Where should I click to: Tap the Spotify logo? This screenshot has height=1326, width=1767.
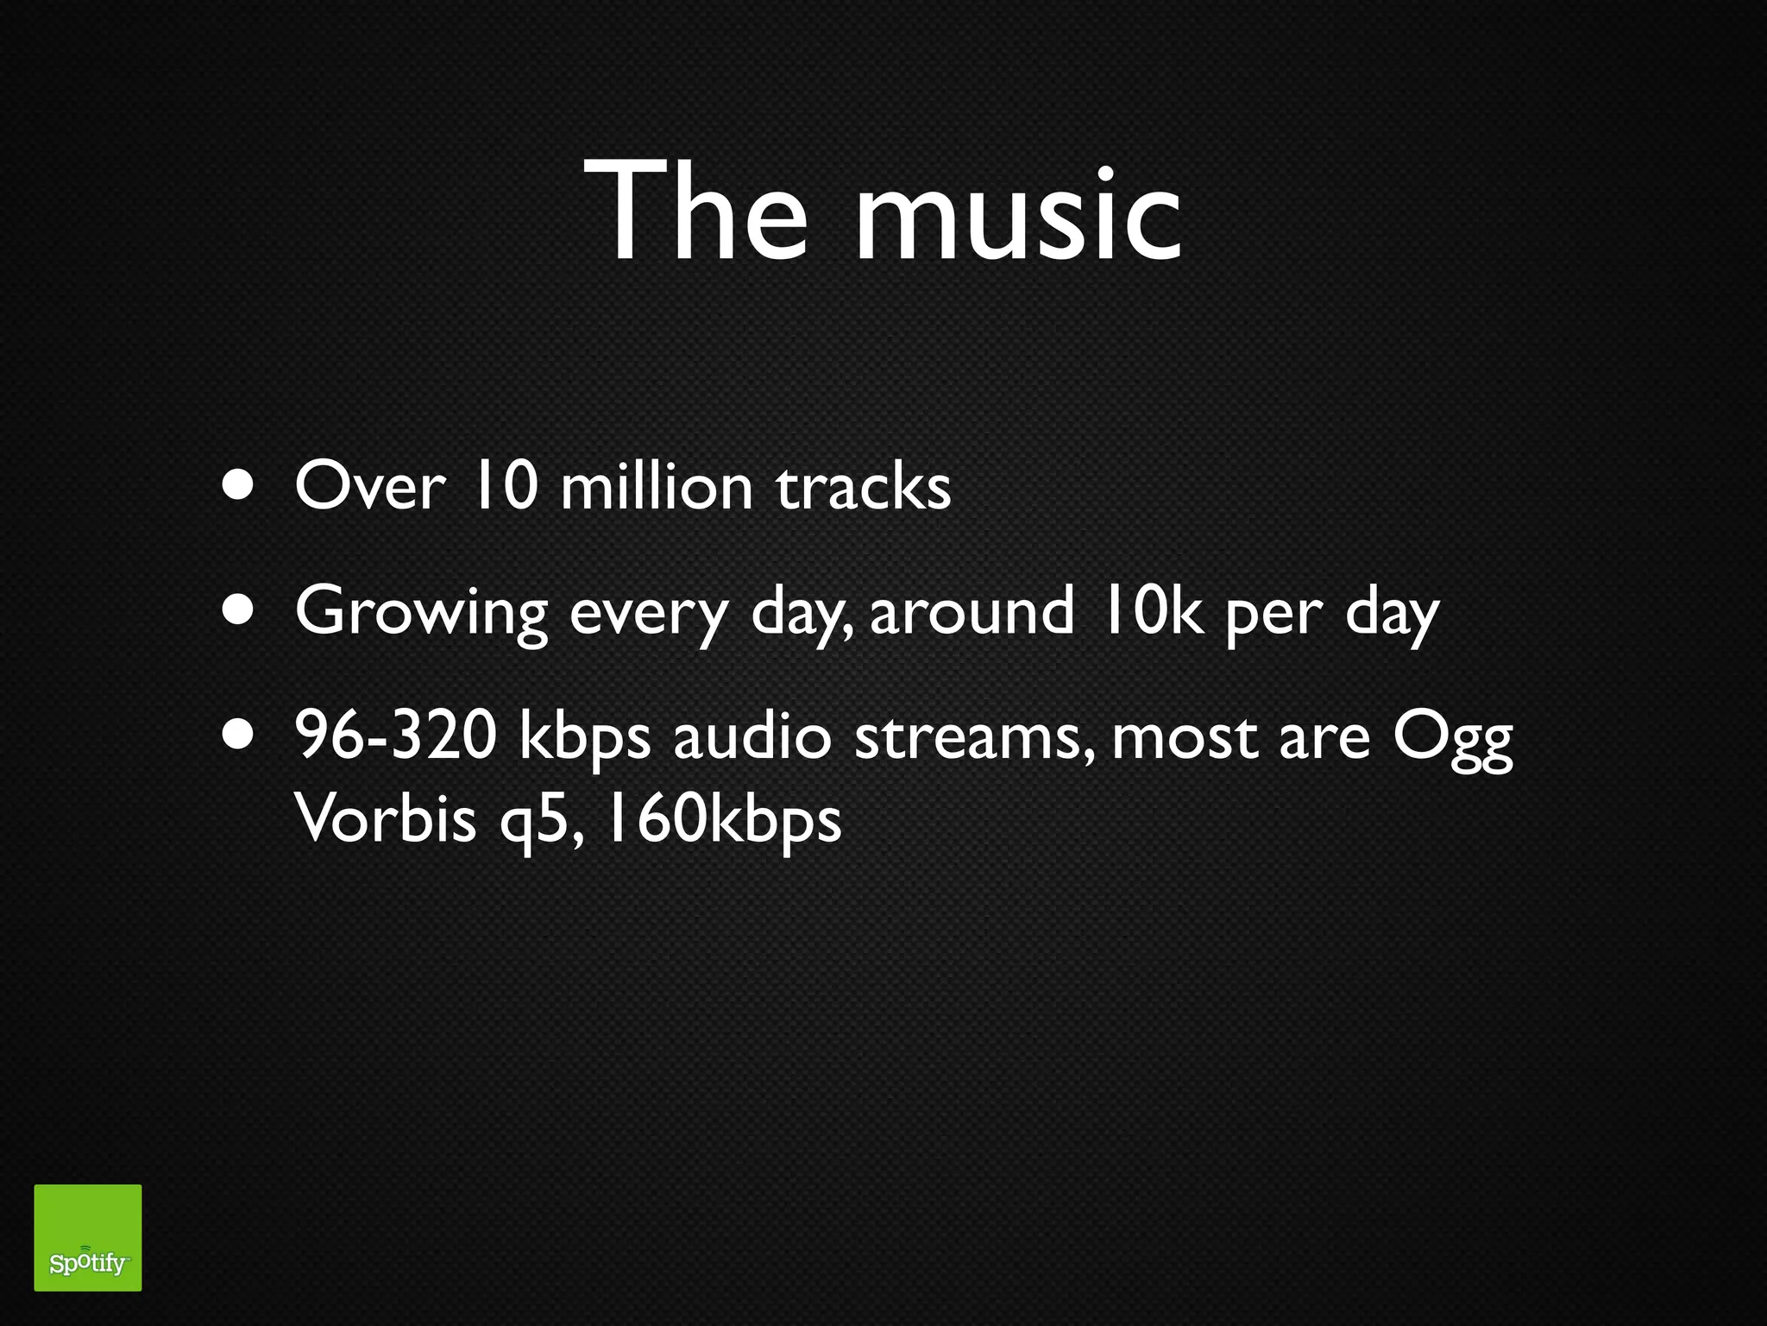[88, 1237]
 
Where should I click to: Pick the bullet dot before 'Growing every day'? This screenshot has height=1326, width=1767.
[237, 610]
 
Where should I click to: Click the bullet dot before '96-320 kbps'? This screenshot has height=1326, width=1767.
[237, 735]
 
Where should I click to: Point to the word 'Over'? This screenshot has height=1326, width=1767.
[369, 487]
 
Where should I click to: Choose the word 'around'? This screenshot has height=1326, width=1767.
[972, 610]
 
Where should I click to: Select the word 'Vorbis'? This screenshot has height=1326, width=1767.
[385, 818]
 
